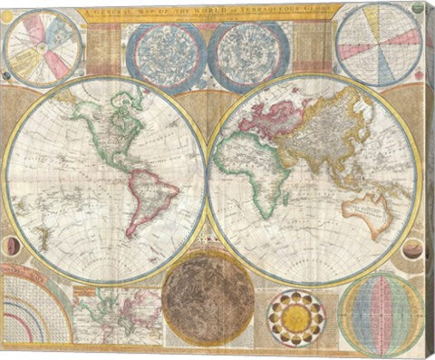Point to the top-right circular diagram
coord(378,42)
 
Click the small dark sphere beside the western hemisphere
coord(11,246)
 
